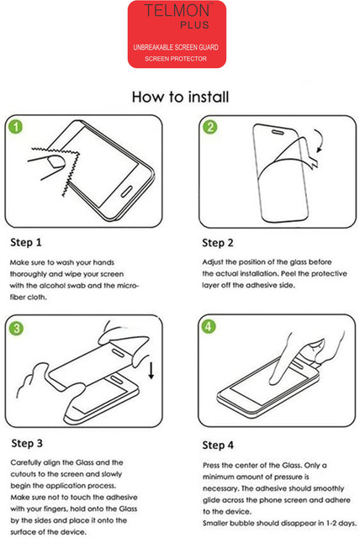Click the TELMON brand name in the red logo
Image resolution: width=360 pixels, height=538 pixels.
[177, 10]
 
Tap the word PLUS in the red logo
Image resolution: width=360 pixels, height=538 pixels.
[194, 25]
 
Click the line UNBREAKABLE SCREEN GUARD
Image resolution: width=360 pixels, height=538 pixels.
[176, 47]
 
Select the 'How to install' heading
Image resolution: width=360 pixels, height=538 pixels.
[181, 98]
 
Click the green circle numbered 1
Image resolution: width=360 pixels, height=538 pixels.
[16, 126]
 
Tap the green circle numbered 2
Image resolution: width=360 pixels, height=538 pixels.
[209, 127]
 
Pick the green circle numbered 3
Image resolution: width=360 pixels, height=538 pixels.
[16, 328]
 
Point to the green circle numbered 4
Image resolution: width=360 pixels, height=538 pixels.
[209, 326]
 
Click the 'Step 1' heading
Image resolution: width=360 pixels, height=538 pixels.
[26, 243]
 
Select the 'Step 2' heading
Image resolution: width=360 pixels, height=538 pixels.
[218, 243]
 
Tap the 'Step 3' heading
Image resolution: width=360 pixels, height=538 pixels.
[27, 443]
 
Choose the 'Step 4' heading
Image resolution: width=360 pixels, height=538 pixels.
[218, 446]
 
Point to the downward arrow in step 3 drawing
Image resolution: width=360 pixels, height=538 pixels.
[151, 371]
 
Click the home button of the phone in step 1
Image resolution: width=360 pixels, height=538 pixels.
[127, 192]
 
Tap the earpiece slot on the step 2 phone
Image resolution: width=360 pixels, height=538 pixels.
[278, 132]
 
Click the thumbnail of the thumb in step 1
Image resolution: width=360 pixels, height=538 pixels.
[56, 161]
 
